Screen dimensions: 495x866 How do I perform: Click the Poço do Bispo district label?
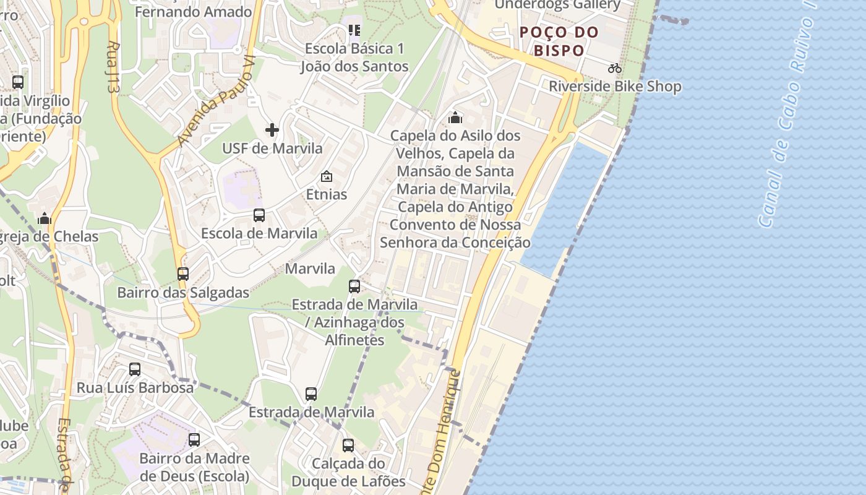[x=559, y=41]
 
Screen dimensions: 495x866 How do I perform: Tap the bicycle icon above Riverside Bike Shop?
[x=614, y=68]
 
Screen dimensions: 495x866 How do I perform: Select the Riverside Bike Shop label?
[x=615, y=86]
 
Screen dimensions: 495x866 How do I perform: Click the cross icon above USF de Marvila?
[x=272, y=130]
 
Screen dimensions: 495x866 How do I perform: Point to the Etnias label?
[x=327, y=194]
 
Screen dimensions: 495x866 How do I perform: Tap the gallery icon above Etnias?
[x=327, y=177]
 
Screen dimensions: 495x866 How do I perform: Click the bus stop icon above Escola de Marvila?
[x=259, y=215]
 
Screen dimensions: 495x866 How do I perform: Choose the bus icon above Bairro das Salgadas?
[x=183, y=273]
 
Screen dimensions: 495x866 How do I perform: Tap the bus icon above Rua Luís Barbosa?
[x=135, y=369]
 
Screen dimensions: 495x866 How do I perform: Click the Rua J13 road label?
[x=112, y=67]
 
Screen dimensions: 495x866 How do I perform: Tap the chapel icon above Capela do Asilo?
[x=455, y=117]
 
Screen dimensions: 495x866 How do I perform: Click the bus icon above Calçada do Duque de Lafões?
[x=348, y=445]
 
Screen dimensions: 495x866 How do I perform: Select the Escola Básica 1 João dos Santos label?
[x=354, y=58]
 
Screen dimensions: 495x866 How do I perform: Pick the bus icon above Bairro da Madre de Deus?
[x=194, y=440]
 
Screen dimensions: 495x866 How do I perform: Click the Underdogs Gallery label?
[x=557, y=5]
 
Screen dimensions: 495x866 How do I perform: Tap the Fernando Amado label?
[x=193, y=12]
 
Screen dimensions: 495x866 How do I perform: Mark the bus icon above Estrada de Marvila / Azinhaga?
[x=354, y=286]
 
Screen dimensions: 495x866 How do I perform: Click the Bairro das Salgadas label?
[x=183, y=293]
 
